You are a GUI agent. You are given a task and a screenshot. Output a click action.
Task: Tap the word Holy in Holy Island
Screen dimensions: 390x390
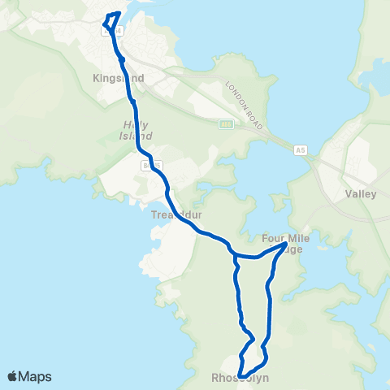tap(131, 125)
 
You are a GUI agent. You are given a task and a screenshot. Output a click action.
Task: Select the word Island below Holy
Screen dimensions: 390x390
tap(131, 136)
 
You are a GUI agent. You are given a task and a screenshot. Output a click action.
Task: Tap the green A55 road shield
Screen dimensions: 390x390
tap(226, 124)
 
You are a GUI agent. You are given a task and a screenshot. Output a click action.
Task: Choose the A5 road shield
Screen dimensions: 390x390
tap(301, 149)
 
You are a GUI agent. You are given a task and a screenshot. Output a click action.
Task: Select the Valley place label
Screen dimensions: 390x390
tap(361, 194)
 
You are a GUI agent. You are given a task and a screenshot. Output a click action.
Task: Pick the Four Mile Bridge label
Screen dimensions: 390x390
tap(284, 244)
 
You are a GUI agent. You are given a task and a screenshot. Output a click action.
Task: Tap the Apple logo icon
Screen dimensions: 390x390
tap(13, 376)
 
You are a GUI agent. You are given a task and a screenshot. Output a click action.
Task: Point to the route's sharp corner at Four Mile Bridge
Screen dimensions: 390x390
tap(284, 243)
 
